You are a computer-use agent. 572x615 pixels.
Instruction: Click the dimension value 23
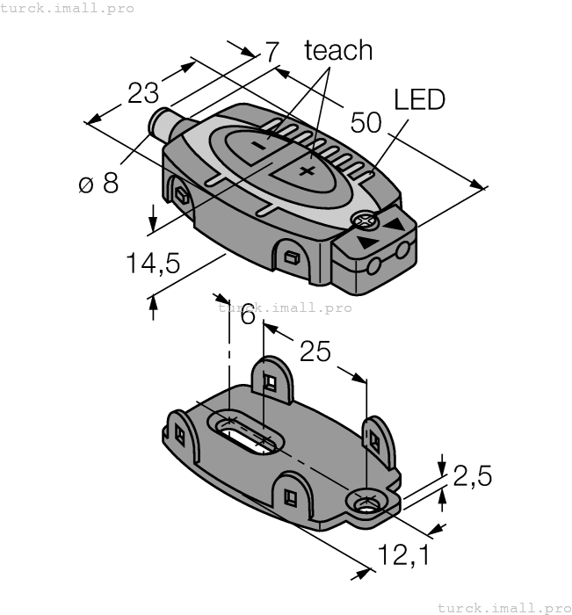pos(143,92)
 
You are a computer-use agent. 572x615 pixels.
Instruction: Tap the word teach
pos(338,50)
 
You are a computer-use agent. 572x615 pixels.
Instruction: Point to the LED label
pos(419,99)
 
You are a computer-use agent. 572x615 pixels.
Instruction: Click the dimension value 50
pos(366,122)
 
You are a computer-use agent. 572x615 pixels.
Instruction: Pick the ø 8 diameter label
pos(98,184)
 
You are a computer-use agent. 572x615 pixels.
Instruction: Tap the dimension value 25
pos(315,351)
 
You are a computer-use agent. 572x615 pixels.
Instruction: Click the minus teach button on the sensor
pos(261,146)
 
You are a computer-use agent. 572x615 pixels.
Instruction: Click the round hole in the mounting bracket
pos(367,503)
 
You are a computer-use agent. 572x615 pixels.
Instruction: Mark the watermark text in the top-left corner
pos(68,8)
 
